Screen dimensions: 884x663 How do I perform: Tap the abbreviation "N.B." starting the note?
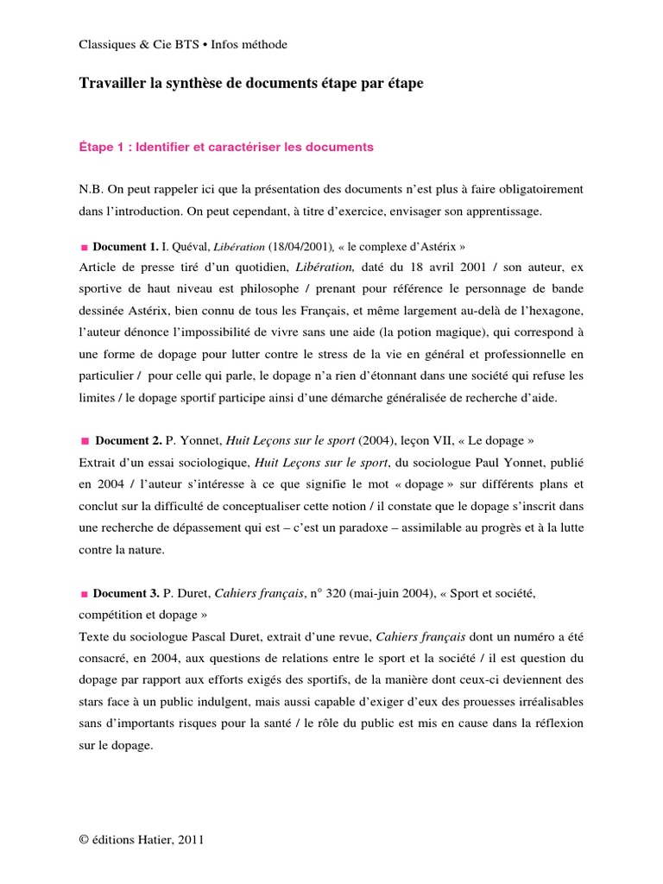point(92,188)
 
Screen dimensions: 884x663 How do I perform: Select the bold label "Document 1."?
point(125,246)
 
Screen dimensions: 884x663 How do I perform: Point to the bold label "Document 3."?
point(125,593)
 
